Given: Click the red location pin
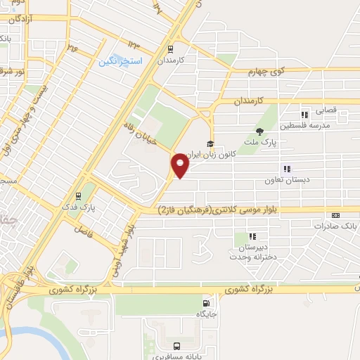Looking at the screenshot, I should (180, 165).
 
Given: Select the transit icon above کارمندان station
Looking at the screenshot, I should (169, 49).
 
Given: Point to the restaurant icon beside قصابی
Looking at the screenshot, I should (304, 115).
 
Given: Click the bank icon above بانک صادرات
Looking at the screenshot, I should (335, 216).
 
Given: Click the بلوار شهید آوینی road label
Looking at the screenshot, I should (121, 250).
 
